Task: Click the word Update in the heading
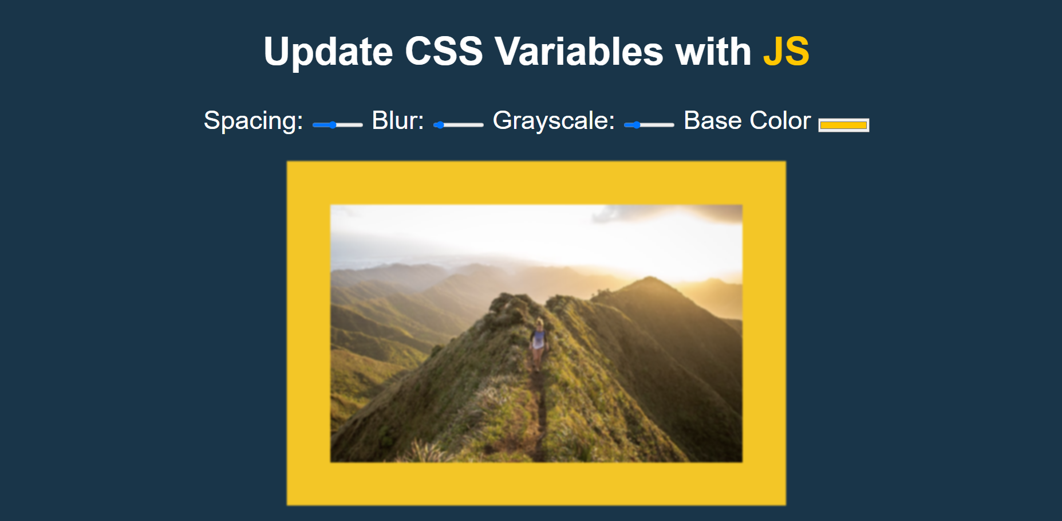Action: coord(328,52)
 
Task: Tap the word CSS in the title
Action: coord(444,52)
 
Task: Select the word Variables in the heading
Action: coord(579,52)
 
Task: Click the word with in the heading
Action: coord(713,52)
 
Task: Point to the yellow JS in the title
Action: coord(786,52)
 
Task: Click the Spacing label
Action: coord(253,121)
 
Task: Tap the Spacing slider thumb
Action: coord(333,125)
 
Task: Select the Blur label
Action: coord(398,121)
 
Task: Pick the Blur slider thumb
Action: coord(440,125)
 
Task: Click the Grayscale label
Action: coord(554,121)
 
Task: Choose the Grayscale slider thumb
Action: coord(636,125)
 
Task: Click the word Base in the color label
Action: coord(713,121)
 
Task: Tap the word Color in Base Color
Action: coord(780,121)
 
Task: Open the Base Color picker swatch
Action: coord(843,125)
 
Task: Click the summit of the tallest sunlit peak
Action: coord(649,279)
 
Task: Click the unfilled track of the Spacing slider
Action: coord(350,125)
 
